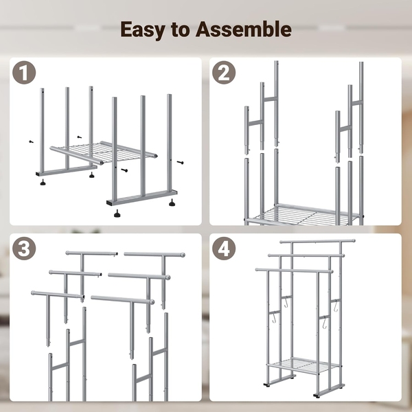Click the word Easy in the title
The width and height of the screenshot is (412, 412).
(142, 30)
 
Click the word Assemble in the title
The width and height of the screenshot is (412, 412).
(243, 29)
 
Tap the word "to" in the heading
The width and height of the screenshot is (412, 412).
(180, 30)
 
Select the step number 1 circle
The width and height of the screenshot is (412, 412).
(24, 73)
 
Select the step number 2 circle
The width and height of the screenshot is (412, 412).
(224, 73)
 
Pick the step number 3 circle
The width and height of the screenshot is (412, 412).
(24, 249)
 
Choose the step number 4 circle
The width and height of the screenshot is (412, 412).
(224, 249)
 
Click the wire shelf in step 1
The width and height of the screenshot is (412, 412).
(104, 152)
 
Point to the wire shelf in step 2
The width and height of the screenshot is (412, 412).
(302, 214)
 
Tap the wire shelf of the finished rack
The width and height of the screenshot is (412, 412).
(304, 365)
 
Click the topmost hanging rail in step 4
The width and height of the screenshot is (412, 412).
(317, 241)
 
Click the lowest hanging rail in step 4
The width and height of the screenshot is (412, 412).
(295, 271)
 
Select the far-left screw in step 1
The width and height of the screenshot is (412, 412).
(32, 141)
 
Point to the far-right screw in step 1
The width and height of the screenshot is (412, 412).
(180, 163)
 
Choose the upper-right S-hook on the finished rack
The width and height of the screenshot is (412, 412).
(336, 307)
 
